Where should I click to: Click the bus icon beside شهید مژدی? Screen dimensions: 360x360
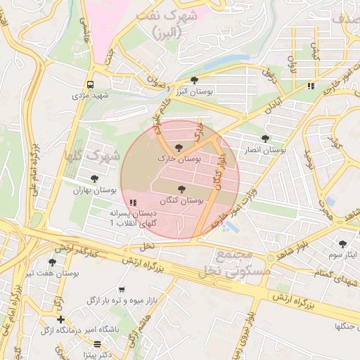point(91,83)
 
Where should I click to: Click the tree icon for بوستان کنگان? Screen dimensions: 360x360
point(182,189)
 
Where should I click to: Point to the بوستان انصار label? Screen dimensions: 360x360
point(266,150)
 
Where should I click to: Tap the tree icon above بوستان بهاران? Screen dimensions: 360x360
point(94,179)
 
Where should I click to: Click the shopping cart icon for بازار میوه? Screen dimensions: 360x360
point(122,289)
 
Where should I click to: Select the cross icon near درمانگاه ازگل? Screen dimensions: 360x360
point(61,320)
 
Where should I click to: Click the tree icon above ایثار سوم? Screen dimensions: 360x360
point(343,243)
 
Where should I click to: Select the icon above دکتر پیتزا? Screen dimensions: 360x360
point(97,344)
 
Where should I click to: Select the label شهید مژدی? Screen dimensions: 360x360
point(91,94)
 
